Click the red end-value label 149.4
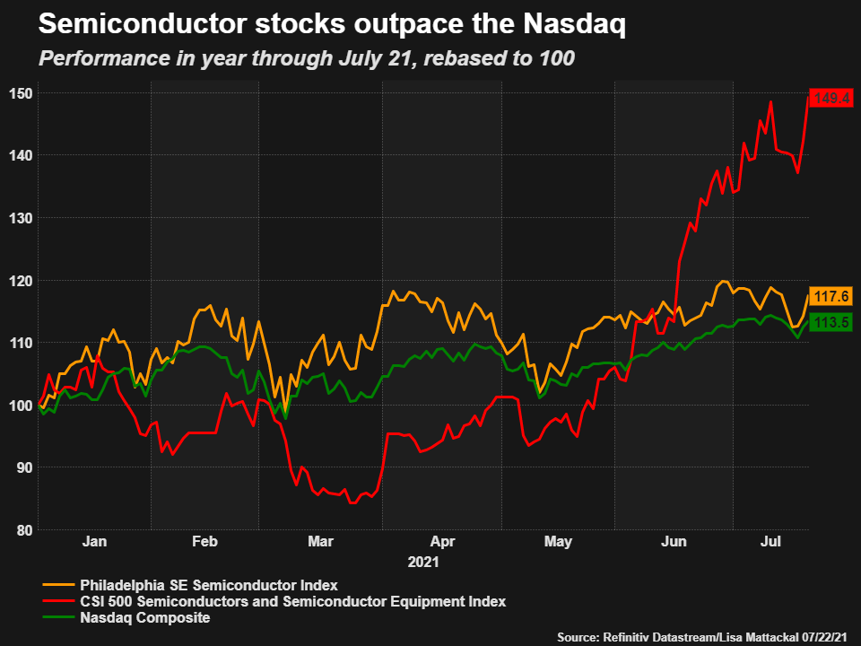[x=831, y=98]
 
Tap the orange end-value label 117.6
[x=831, y=296]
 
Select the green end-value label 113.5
[x=831, y=322]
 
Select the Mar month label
[x=320, y=542]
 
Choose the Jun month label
[x=674, y=542]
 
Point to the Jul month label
[x=770, y=542]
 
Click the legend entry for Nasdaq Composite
[x=144, y=617]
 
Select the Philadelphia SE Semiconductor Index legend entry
[x=208, y=585]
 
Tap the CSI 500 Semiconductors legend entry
[x=292, y=601]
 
